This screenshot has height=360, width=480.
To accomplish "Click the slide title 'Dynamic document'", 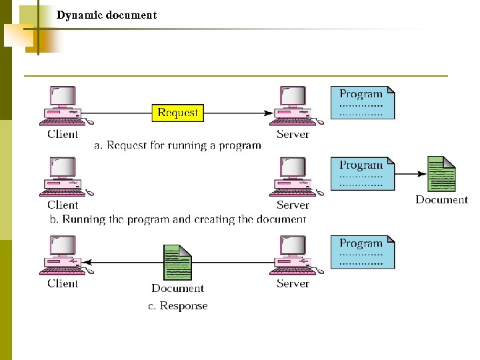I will pos(107,15).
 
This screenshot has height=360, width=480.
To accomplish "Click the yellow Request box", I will pos(177,113).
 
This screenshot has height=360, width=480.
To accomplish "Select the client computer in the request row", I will pos(63,106).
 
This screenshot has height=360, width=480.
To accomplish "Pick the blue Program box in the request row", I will pos(363,103).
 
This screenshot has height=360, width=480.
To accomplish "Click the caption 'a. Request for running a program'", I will pos(177,145).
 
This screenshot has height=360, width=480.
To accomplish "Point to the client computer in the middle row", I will pos(63,177).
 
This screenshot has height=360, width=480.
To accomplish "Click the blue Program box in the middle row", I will pos(363,173).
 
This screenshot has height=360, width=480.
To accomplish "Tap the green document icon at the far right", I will pos(441,174).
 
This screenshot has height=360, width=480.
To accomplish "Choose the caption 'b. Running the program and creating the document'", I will pos(177,219).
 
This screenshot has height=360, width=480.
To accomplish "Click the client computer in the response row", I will pos(63,255).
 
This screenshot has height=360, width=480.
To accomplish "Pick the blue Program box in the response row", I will pos(363,252).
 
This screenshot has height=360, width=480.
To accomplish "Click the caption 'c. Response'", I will pos(177,306).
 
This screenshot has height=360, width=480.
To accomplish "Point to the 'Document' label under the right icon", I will pos(441,199).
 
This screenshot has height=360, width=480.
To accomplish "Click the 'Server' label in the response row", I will pos(293,283).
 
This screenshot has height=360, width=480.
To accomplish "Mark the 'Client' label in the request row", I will pos(63,134).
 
